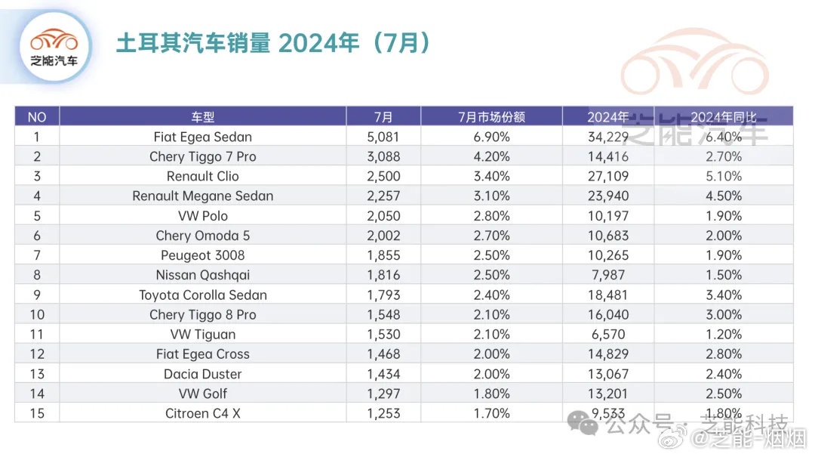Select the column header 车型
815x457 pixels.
pyautogui.click(x=202, y=117)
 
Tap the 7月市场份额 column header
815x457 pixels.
pyautogui.click(x=491, y=117)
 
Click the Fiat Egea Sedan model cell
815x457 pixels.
pyautogui.click(x=202, y=137)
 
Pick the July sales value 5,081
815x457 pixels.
pyautogui.click(x=383, y=137)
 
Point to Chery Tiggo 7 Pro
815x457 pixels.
pyautogui.click(x=202, y=156)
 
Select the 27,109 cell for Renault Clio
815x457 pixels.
pyautogui.click(x=607, y=176)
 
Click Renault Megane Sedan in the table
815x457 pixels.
pyautogui.click(x=202, y=196)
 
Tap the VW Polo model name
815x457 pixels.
pyautogui.click(x=202, y=215)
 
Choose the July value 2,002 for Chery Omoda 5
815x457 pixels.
pyautogui.click(x=383, y=236)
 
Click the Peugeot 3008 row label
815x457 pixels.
pyautogui.click(x=202, y=255)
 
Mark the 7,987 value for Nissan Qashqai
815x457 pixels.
pyautogui.click(x=607, y=275)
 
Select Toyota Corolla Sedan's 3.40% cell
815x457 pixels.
pyautogui.click(x=723, y=295)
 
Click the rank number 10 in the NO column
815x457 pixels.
pyautogui.click(x=36, y=314)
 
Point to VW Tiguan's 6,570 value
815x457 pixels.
pyautogui.click(x=607, y=334)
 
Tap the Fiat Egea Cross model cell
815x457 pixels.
pyautogui.click(x=202, y=354)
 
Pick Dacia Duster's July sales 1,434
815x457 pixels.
pyautogui.click(x=383, y=374)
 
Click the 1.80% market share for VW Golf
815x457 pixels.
pyautogui.click(x=491, y=394)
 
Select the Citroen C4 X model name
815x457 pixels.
pyautogui.click(x=202, y=413)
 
